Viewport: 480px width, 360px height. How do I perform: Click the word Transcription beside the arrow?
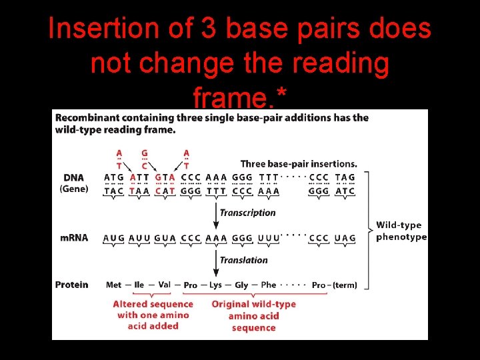click(x=247, y=213)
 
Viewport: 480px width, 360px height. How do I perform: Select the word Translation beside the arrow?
click(x=243, y=260)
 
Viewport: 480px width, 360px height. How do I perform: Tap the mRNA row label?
click(x=75, y=238)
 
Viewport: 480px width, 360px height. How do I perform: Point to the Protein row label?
click(x=71, y=285)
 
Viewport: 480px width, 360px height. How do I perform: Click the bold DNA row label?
click(x=74, y=178)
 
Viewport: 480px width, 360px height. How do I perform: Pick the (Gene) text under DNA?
click(x=74, y=189)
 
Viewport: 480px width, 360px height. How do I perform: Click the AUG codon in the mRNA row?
click(x=113, y=238)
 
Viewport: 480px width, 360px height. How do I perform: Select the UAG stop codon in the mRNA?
click(x=345, y=238)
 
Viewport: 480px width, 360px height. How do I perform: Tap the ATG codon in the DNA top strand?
click(x=114, y=177)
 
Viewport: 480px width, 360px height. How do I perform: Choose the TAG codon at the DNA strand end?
click(x=345, y=177)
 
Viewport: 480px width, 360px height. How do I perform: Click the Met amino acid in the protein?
click(x=114, y=285)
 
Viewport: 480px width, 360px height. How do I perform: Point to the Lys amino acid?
click(x=215, y=285)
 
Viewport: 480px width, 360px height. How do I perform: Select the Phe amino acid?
click(x=269, y=285)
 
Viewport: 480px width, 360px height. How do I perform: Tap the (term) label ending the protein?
click(x=344, y=285)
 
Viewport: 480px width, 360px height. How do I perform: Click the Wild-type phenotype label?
click(x=401, y=231)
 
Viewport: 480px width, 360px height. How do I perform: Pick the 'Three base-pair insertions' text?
click(x=298, y=163)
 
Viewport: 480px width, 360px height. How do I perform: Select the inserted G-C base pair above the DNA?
click(x=144, y=159)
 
